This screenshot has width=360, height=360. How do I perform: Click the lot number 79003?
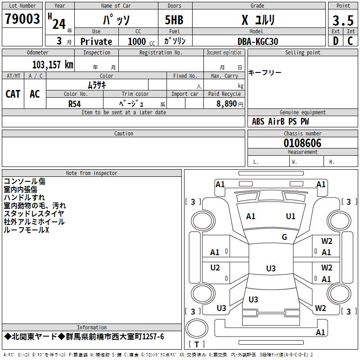pyautogui.click(x=22, y=19)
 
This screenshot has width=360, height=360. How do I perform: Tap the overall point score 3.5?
pyautogui.click(x=343, y=20)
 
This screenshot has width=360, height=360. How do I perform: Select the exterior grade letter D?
pyautogui.click(x=336, y=41)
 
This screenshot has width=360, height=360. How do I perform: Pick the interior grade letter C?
pyautogui.click(x=350, y=41)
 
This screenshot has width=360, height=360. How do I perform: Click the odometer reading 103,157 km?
pyautogui.click(x=53, y=65)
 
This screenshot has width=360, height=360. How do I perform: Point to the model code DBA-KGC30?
pyautogui.click(x=258, y=41)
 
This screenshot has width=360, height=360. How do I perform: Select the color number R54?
pyautogui.click(x=75, y=104)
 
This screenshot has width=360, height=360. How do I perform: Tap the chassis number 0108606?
pyautogui.click(x=302, y=143)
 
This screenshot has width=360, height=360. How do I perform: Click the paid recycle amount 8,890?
pyautogui.click(x=226, y=104)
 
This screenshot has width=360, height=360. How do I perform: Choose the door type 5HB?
pyautogui.click(x=174, y=20)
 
